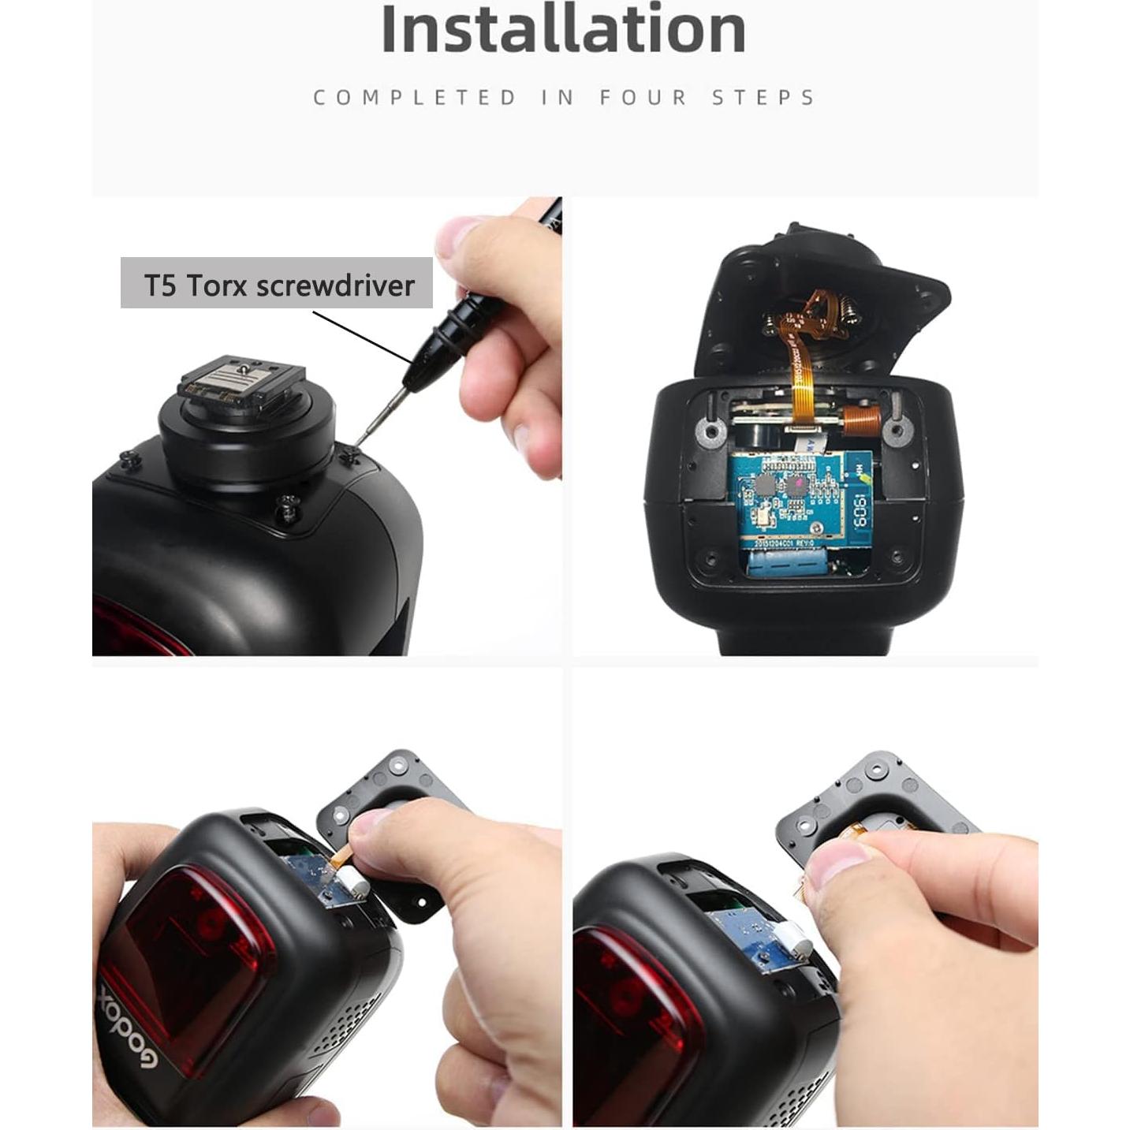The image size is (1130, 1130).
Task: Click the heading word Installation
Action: click(x=563, y=30)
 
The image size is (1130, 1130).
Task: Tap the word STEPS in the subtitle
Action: click(x=763, y=98)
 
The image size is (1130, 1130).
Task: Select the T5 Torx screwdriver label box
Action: click(x=277, y=284)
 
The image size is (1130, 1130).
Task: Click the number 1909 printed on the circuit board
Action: click(x=860, y=512)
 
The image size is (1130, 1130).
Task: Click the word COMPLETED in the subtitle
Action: click(x=414, y=98)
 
